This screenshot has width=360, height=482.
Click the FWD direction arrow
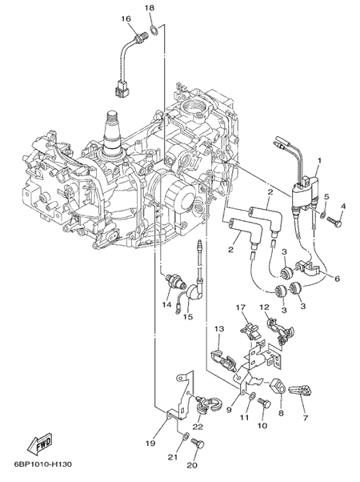point(40,444)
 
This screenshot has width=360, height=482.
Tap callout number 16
point(126,19)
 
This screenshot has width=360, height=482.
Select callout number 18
point(150,8)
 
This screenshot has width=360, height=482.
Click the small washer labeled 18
point(154,30)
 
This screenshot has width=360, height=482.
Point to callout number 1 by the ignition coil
point(319,160)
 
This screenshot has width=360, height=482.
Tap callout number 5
point(326,196)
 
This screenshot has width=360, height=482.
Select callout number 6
point(337,279)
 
